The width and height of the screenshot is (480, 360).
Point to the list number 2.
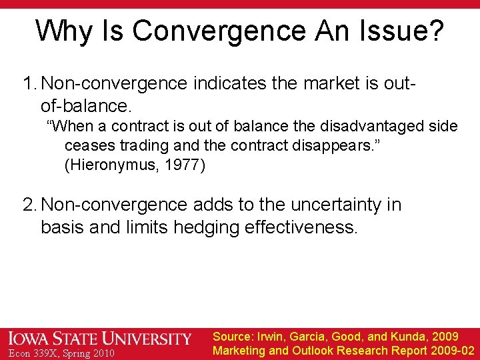(x=29, y=204)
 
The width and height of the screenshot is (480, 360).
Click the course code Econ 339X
(x=34, y=353)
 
